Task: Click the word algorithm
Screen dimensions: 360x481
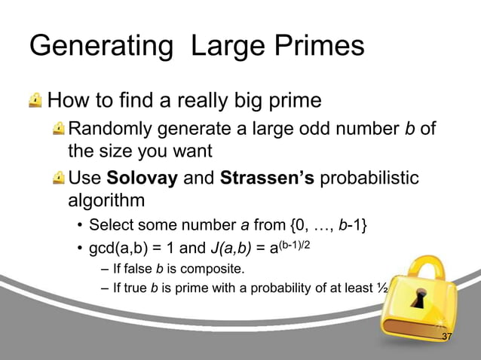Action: click(x=106, y=202)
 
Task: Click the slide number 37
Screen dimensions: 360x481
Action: click(x=447, y=337)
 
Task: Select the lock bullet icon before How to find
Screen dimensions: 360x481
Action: click(x=35, y=100)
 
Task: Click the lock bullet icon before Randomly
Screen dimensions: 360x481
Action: click(x=58, y=130)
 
